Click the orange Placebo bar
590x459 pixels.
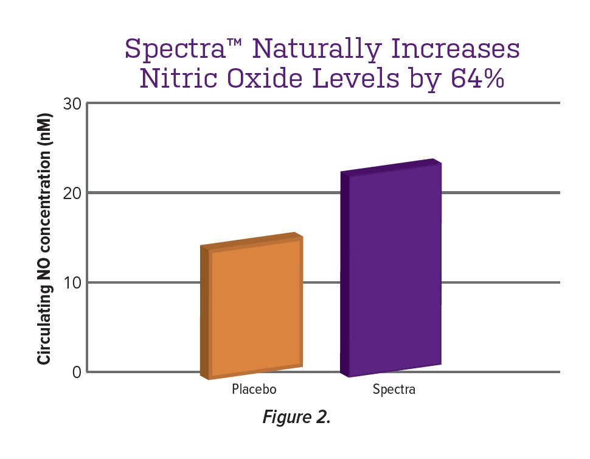(x=255, y=310)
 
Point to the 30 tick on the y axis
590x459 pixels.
(x=72, y=104)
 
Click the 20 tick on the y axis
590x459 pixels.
(x=72, y=194)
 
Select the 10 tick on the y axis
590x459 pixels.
(x=72, y=283)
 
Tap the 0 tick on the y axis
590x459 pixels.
(x=76, y=372)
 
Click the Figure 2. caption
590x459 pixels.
(x=296, y=418)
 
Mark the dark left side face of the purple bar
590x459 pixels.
(x=345, y=274)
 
